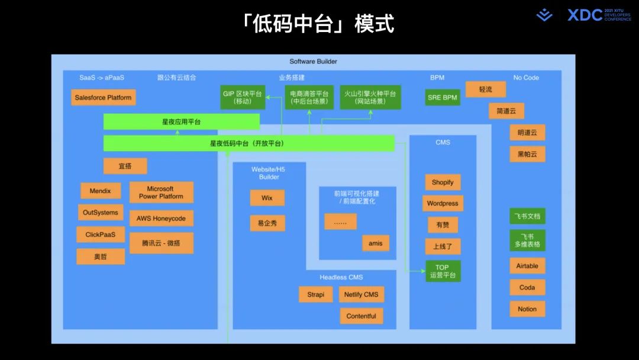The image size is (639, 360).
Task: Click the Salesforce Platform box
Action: (x=103, y=98)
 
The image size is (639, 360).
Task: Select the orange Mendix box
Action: (x=101, y=191)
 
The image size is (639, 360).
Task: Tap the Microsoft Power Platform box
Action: (x=161, y=192)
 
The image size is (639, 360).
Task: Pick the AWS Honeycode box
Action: (x=161, y=218)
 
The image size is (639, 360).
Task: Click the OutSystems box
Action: (x=101, y=212)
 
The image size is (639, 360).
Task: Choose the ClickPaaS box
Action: (x=101, y=234)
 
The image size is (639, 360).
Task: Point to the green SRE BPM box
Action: (x=442, y=97)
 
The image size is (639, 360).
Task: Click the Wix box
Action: (x=267, y=198)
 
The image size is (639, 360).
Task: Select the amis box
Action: (x=375, y=243)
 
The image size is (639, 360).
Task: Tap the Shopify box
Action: (x=442, y=182)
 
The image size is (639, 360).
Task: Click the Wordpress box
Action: (x=443, y=203)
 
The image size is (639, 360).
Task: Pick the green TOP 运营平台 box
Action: (x=443, y=271)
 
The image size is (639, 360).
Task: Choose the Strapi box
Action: (x=315, y=294)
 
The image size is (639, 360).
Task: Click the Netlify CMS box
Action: (x=362, y=294)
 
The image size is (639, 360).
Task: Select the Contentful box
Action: (x=361, y=316)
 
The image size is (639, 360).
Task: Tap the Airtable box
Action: (x=527, y=266)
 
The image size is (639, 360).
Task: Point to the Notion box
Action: (x=527, y=309)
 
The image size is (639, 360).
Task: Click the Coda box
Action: (x=527, y=288)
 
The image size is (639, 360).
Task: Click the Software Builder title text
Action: (x=313, y=62)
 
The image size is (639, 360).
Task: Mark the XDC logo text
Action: (x=585, y=15)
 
